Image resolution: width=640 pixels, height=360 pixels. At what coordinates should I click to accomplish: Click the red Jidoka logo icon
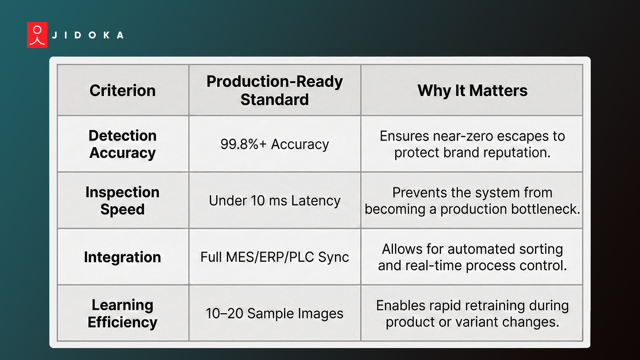37,35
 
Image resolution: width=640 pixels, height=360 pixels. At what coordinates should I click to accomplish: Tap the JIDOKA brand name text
88,35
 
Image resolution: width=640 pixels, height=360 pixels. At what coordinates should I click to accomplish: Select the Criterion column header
122,91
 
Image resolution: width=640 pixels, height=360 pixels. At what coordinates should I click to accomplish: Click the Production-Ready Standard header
274,90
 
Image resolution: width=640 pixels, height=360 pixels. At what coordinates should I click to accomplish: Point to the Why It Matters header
472,91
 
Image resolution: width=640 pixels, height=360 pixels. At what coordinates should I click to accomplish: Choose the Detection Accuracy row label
122,144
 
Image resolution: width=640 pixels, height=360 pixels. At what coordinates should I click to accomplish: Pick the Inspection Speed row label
122,201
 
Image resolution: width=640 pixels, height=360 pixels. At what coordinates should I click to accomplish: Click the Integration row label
122,257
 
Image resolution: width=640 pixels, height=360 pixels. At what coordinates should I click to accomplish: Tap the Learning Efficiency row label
122,313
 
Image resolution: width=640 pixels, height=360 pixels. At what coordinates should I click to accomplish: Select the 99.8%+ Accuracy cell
274,144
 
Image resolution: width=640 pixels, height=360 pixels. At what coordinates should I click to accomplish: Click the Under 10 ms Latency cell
274,201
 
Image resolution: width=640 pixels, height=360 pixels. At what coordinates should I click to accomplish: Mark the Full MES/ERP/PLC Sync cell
274,257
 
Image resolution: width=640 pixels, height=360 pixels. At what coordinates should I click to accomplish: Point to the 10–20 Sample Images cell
274,313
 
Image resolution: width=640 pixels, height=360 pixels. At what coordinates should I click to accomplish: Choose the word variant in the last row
477,322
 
